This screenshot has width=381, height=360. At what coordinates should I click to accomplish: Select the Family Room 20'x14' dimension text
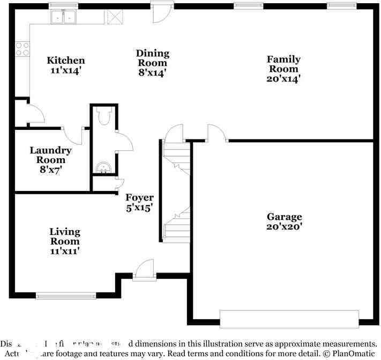click(283, 78)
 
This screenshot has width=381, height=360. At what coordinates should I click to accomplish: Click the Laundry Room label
click(51, 155)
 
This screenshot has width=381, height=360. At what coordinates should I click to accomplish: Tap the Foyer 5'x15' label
click(139, 202)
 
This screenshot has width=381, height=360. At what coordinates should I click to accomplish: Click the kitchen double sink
click(64, 18)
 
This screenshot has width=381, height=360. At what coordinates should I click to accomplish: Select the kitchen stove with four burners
click(22, 49)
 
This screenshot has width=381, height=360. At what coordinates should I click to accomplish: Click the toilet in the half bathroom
click(104, 116)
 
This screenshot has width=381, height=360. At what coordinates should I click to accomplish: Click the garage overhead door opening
click(289, 319)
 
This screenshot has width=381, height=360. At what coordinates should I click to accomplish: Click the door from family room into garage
click(216, 134)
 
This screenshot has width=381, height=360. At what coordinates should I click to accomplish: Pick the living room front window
click(65, 295)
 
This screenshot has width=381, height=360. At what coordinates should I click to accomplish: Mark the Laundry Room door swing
click(75, 137)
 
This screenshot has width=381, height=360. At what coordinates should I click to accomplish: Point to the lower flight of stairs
click(177, 225)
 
